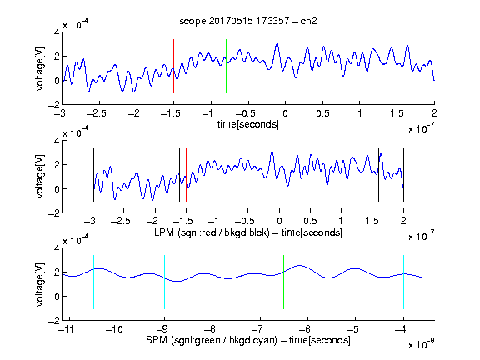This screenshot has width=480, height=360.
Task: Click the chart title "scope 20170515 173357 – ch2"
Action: (x=248, y=21)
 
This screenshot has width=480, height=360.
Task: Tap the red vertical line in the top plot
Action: (x=173, y=66)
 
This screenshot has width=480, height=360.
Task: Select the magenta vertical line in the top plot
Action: (x=397, y=66)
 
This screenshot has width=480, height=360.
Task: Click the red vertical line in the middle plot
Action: (x=186, y=174)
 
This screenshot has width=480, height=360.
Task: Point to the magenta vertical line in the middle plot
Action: (x=372, y=174)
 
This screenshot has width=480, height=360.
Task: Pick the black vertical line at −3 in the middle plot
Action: (x=93, y=174)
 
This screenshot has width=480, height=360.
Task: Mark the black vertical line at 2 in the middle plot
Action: (x=403, y=174)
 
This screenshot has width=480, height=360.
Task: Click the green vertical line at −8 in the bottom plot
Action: (x=212, y=282)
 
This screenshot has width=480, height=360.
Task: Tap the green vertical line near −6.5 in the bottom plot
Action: (x=284, y=282)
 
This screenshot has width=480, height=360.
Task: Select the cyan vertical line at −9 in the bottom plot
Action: (x=164, y=282)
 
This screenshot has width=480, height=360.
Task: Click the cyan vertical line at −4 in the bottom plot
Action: (x=403, y=282)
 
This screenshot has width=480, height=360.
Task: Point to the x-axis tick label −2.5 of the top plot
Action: (x=97, y=113)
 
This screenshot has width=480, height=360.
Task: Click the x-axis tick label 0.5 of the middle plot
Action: (x=310, y=221)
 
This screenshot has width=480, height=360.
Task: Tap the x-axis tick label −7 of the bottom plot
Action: (x=259, y=329)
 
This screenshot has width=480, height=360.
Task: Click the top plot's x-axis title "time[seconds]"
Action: (x=248, y=124)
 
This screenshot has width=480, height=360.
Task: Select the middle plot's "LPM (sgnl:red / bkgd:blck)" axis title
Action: (x=212, y=232)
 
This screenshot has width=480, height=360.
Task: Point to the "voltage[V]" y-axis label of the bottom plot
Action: (x=40, y=284)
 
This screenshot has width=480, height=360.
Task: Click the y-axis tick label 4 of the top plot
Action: (x=57, y=32)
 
